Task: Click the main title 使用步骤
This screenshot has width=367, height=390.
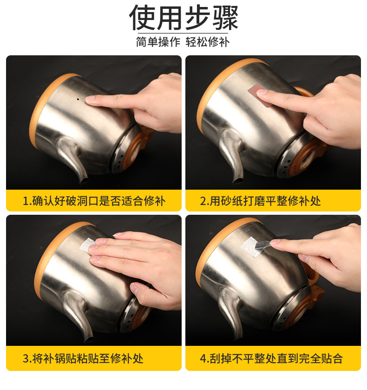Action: pos(183,17)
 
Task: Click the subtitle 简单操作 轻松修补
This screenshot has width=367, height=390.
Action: pos(183,42)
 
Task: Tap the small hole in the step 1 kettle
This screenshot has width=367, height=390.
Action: pos(78,99)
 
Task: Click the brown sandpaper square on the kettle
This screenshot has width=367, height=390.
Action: pos(260,95)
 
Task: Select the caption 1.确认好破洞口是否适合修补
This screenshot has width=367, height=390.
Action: pos(94,201)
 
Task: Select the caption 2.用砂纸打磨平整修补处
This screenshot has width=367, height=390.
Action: pos(260,201)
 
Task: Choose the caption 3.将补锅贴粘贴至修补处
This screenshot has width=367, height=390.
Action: pos(83,358)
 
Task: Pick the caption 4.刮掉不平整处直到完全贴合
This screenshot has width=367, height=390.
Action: pos(271,358)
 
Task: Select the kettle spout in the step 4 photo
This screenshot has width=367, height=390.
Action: pos(231,313)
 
